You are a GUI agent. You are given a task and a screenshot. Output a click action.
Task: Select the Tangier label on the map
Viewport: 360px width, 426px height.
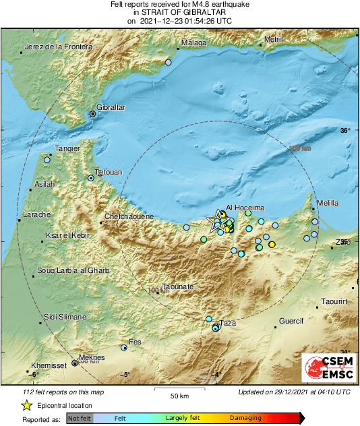(67, 148)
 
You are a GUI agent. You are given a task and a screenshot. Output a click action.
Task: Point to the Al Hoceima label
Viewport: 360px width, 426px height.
(245, 208)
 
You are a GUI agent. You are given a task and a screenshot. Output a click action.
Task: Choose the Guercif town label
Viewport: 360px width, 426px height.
(292, 321)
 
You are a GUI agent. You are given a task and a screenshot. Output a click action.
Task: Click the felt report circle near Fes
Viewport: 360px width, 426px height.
(124, 348)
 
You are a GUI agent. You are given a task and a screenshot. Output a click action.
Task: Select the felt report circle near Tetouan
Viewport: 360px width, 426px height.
(91, 178)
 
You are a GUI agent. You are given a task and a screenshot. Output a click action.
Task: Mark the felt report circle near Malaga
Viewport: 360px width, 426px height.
(169, 62)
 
